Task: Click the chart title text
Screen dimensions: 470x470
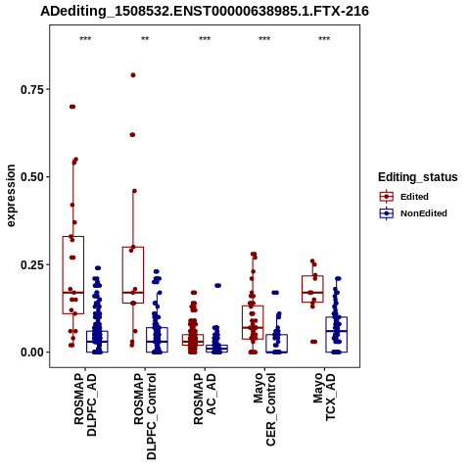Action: point(205,11)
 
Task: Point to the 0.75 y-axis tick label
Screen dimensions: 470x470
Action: point(32,89)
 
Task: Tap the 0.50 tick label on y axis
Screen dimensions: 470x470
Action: point(32,177)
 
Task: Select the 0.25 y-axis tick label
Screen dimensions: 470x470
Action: point(32,264)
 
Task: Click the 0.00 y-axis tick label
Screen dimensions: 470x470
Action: point(32,352)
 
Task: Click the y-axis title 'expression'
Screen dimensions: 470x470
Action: point(11,196)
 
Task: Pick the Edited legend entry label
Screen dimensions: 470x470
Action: point(414,197)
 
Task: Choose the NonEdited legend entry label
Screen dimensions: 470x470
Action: point(424,213)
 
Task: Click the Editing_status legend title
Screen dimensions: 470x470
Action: point(418,177)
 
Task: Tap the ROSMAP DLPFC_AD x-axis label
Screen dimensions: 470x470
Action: point(85,404)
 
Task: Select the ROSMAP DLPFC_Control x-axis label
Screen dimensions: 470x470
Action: point(145,416)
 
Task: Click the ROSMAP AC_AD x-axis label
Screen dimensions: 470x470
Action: point(205,399)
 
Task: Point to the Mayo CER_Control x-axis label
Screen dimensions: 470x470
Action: point(264,409)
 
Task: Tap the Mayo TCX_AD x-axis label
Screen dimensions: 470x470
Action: point(324,397)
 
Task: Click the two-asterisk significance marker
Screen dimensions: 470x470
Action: point(145,39)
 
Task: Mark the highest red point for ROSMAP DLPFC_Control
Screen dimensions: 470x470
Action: point(133,75)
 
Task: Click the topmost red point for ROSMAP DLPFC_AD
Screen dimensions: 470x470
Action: point(72,107)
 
